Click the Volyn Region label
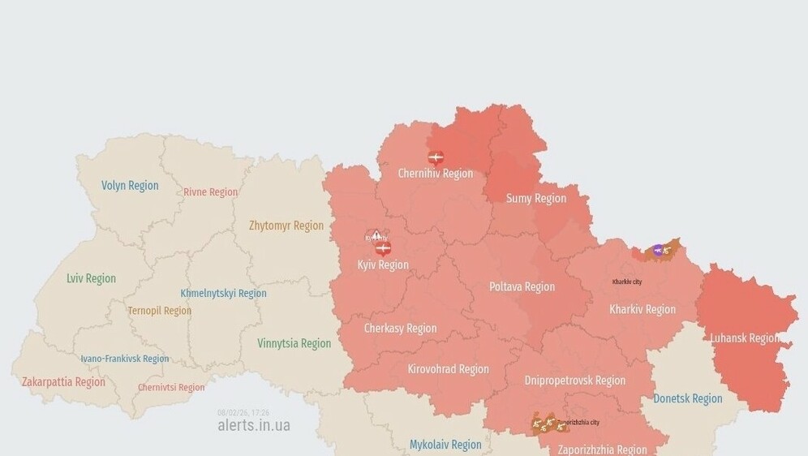[x=130, y=186]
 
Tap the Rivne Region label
[x=211, y=192]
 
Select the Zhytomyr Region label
[x=286, y=226]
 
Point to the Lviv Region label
[x=91, y=278]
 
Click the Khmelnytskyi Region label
[x=223, y=294]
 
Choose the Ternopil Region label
[x=160, y=311]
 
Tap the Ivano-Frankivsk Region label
[x=125, y=359]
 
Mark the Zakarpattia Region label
[x=63, y=382]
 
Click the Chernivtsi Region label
[x=171, y=388]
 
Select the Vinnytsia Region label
[x=294, y=343]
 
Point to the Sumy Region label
[x=536, y=199]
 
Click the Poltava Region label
[x=522, y=287]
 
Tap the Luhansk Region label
[x=744, y=338]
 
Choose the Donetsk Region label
[x=688, y=398]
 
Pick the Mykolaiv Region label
[x=445, y=445]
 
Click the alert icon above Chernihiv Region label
[x=436, y=157]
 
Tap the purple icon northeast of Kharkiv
[x=658, y=251]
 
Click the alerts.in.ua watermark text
[x=253, y=425]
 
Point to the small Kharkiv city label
[x=627, y=282]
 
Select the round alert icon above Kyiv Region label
[x=384, y=247]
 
